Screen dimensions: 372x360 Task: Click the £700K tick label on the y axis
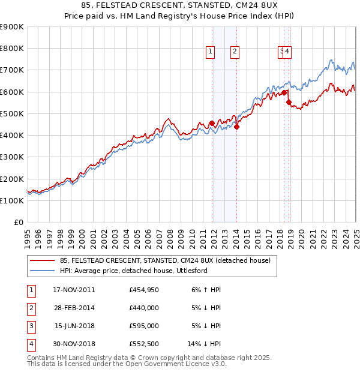[x=11, y=70]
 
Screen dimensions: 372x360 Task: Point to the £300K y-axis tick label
[x=11, y=157]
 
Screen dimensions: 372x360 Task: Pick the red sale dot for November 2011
[x=212, y=124]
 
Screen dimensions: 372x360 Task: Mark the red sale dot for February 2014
[x=237, y=127]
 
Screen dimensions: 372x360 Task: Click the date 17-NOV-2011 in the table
[x=74, y=290]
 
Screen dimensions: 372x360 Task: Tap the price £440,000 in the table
[x=144, y=308]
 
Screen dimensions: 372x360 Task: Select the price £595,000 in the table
[x=144, y=326]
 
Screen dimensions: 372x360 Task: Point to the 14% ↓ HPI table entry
[x=205, y=345]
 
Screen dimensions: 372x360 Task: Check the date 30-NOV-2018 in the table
[x=74, y=345]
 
